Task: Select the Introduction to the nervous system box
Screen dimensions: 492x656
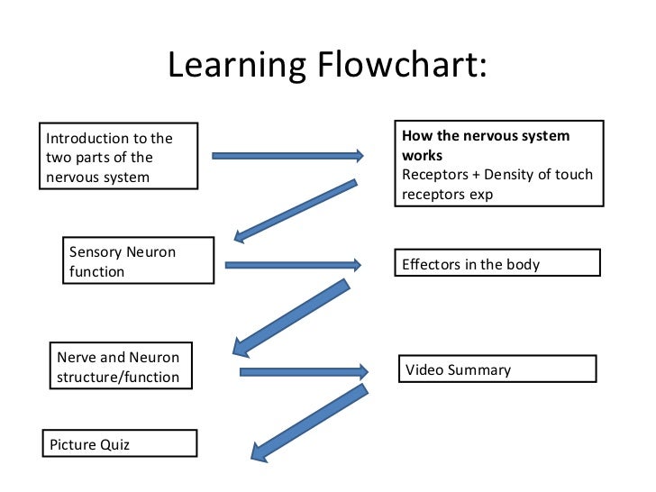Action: pos(118,157)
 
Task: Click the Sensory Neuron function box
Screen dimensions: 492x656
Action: pos(138,260)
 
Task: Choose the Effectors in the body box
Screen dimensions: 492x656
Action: pos(498,263)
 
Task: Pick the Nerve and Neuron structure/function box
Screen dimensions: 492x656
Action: pos(119,368)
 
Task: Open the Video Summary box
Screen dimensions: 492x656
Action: pos(497,369)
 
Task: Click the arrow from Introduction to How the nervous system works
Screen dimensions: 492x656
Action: pos(287,156)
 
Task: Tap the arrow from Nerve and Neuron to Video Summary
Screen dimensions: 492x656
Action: pos(304,371)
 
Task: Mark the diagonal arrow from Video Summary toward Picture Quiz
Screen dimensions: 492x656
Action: pos(309,424)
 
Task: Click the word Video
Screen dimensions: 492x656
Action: pos(423,369)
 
